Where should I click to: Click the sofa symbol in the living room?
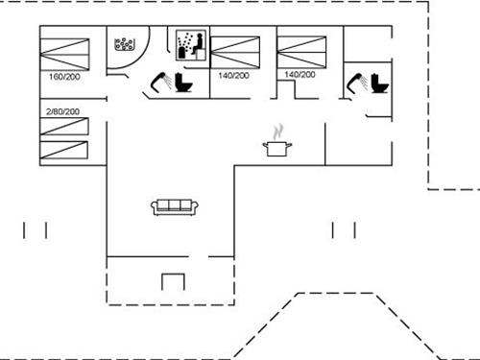174,206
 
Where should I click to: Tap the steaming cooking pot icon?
276,147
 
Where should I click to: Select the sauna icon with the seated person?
190,46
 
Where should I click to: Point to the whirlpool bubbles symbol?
126,44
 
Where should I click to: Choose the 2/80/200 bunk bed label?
62,111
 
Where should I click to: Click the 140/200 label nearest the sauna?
233,75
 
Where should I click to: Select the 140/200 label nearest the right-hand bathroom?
300,74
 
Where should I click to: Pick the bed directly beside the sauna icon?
235,49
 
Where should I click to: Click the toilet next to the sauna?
183,84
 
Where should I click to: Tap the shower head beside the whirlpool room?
157,84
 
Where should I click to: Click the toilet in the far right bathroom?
379,83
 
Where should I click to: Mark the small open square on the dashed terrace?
173,282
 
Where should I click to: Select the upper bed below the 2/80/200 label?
64,127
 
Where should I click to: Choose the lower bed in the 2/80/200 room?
64,151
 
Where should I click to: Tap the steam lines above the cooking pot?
277,131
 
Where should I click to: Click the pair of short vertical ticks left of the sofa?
35,229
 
